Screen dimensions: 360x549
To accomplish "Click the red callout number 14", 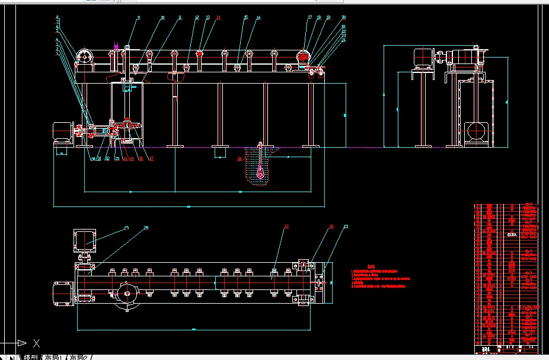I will [218, 18].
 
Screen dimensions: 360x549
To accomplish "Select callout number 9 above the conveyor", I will [139, 18].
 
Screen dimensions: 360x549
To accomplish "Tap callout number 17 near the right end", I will [309, 18].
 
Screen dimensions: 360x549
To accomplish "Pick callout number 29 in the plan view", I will [126, 228].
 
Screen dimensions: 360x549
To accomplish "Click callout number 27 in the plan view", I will [286, 227].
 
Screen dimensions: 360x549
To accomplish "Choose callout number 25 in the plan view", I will [346, 227].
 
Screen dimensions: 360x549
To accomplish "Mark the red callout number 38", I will [239, 159].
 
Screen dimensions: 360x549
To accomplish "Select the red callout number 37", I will [151, 158].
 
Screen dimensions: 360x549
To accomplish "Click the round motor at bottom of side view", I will [475, 131].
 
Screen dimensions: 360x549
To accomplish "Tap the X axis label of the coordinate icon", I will [37, 343].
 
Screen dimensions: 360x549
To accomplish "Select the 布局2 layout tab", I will [80, 358].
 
